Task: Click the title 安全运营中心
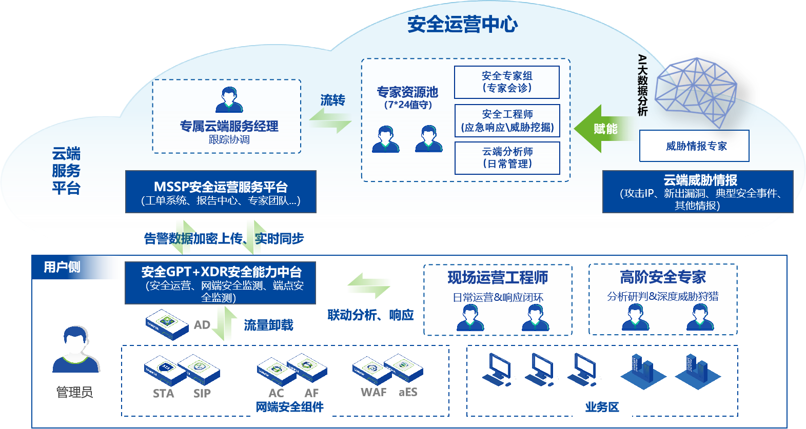462,24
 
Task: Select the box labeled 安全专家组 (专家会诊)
507,82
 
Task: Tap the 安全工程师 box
507,121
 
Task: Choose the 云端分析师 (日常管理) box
507,158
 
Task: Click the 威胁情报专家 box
694,146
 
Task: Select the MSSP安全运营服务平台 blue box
221,192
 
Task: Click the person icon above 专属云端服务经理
229,100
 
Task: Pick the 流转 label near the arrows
332,100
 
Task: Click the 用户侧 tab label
62,267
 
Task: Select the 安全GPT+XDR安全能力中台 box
221,283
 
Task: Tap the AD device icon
167,324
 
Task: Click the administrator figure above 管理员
76,350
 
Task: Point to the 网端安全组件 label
289,407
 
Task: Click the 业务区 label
602,407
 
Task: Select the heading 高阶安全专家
663,277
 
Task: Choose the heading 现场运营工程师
498,278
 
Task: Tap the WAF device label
373,393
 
